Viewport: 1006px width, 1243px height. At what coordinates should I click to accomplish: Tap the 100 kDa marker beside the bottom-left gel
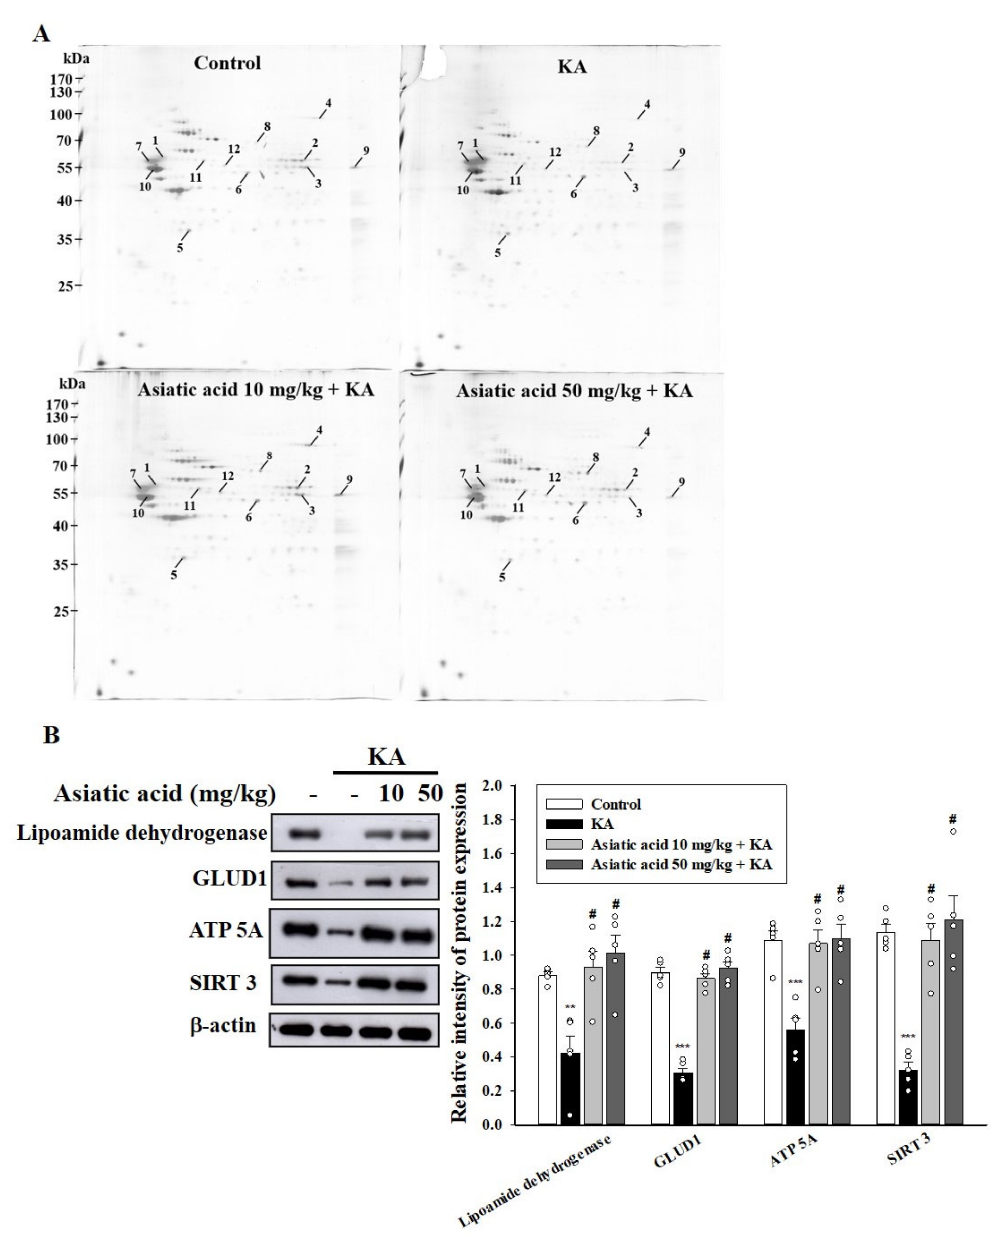(x=58, y=439)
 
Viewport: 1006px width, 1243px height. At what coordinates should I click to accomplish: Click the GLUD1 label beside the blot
(x=230, y=879)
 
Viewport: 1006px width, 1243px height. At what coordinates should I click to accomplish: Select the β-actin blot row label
(x=223, y=1025)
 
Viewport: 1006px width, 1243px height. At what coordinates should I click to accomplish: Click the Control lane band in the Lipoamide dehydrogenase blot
(x=305, y=835)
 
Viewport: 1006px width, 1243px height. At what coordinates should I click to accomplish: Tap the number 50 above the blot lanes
(x=430, y=793)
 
